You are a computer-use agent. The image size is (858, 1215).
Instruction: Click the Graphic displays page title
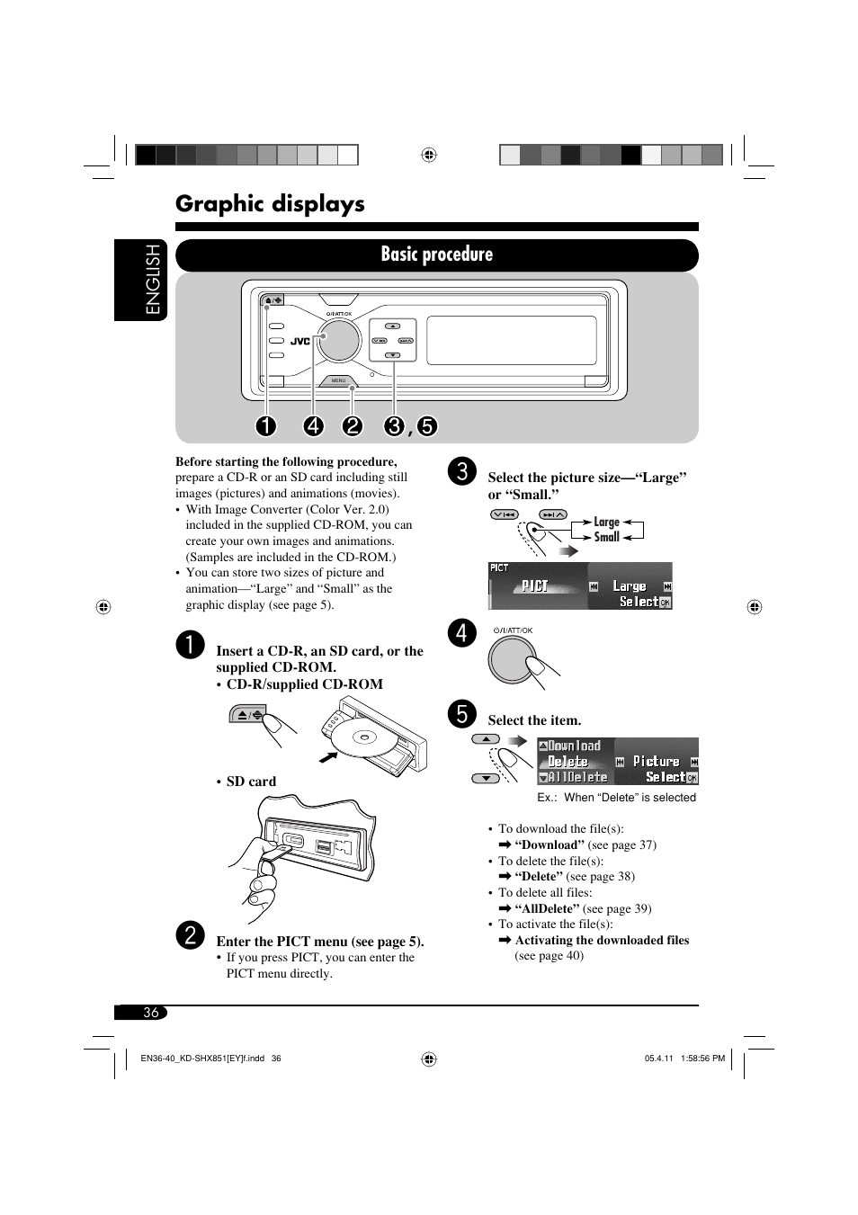pyautogui.click(x=270, y=204)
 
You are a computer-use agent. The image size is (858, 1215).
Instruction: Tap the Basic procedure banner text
pyautogui.click(x=436, y=254)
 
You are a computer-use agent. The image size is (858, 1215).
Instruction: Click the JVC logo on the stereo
pyautogui.click(x=299, y=341)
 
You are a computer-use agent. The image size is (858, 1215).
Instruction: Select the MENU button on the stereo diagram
pyautogui.click(x=338, y=380)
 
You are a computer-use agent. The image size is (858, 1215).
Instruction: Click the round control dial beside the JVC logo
pyautogui.click(x=339, y=340)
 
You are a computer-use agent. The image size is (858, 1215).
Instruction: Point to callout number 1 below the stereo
pyautogui.click(x=265, y=425)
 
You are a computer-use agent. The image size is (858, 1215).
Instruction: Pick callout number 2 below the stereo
pyautogui.click(x=352, y=425)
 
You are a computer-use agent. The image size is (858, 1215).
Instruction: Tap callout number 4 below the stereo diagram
pyautogui.click(x=314, y=425)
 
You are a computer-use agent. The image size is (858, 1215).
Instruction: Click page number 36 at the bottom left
pyautogui.click(x=151, y=1012)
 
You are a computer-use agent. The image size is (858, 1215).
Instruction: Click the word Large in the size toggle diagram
pyautogui.click(x=606, y=522)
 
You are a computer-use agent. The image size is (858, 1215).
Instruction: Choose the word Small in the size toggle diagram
pyautogui.click(x=606, y=537)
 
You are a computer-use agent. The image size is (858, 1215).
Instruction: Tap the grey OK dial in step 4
pyautogui.click(x=512, y=659)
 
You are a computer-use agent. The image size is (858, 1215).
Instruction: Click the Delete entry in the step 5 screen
pyautogui.click(x=568, y=762)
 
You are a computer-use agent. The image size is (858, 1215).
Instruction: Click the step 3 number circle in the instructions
pyautogui.click(x=462, y=471)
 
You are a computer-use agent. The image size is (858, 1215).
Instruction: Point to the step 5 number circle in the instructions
pyautogui.click(x=462, y=714)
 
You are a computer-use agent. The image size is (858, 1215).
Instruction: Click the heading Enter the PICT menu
pyautogui.click(x=320, y=941)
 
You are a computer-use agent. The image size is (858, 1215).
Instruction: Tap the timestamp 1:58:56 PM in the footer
pyautogui.click(x=703, y=1059)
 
